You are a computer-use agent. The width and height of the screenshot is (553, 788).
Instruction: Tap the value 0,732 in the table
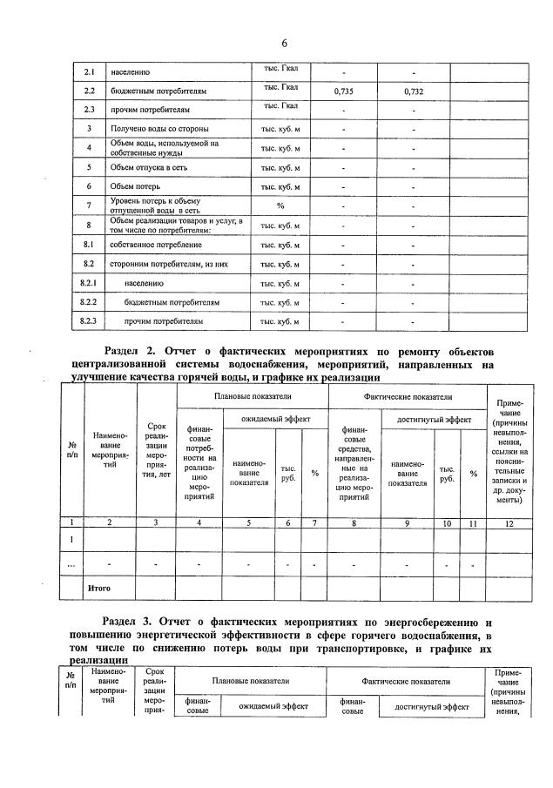pyautogui.click(x=414, y=91)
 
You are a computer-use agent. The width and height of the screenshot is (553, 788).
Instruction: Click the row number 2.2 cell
pyautogui.click(x=89, y=91)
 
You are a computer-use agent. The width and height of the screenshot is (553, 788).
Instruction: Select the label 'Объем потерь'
pyautogui.click(x=135, y=186)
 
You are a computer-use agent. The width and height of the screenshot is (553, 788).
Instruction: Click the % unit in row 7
pyautogui.click(x=280, y=205)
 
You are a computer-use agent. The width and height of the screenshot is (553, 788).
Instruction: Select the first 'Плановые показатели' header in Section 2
pyautogui.click(x=252, y=396)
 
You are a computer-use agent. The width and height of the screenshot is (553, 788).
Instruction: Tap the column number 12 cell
pyautogui.click(x=509, y=522)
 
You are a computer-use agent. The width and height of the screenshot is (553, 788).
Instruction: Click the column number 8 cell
pyautogui.click(x=354, y=522)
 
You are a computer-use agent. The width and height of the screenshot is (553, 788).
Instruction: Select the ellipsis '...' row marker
pyautogui.click(x=71, y=564)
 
